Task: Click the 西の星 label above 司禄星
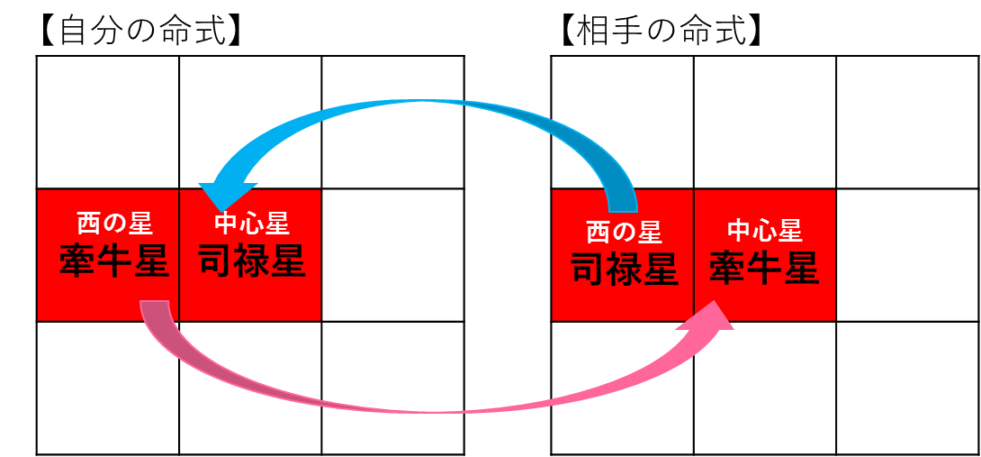click(x=624, y=233)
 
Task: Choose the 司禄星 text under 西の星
click(x=624, y=269)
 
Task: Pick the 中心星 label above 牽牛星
click(x=765, y=231)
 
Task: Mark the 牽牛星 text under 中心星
click(x=765, y=269)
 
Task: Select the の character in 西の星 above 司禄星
click(x=624, y=233)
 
